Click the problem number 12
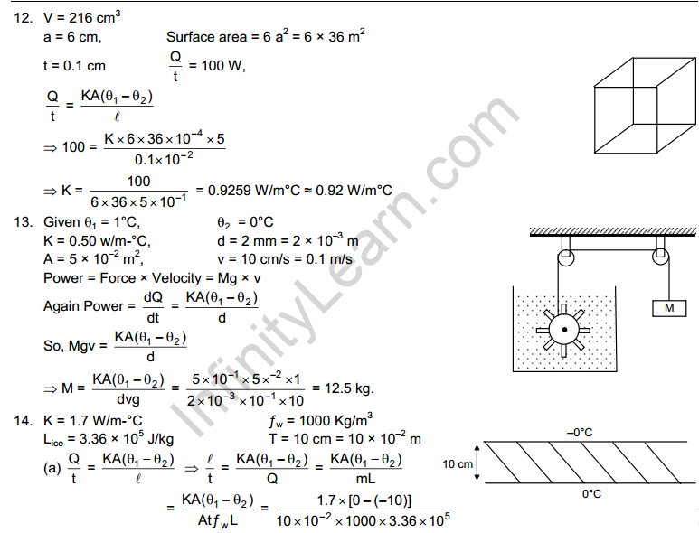(23, 18)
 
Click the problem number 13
(23, 221)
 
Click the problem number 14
(23, 421)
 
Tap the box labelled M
(669, 308)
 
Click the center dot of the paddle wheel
(564, 330)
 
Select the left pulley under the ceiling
(566, 257)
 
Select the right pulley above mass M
(661, 257)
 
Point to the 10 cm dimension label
(458, 464)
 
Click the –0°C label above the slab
(580, 433)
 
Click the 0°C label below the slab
(591, 494)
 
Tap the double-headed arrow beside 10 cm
(477, 463)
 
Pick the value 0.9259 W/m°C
(254, 191)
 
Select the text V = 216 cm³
(82, 18)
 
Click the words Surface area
(206, 37)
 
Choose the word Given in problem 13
(61, 221)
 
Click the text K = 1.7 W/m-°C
(93, 421)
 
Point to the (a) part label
(52, 468)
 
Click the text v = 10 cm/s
(253, 259)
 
